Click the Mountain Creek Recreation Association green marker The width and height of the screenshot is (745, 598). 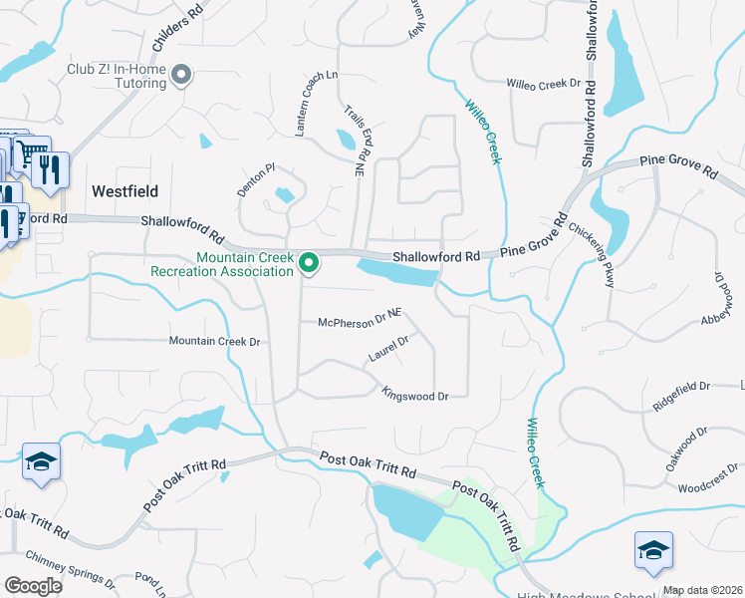(309, 263)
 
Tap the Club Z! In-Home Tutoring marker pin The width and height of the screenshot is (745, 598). (181, 75)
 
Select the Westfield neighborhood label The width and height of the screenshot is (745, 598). (125, 190)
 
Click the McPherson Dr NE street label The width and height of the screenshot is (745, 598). (359, 321)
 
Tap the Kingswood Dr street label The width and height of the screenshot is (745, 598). (415, 396)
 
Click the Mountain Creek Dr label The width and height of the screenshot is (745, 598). (214, 342)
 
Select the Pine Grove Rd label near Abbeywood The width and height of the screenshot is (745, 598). (678, 165)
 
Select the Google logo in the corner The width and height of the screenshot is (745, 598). (33, 586)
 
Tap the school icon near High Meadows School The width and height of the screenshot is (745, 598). (653, 550)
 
